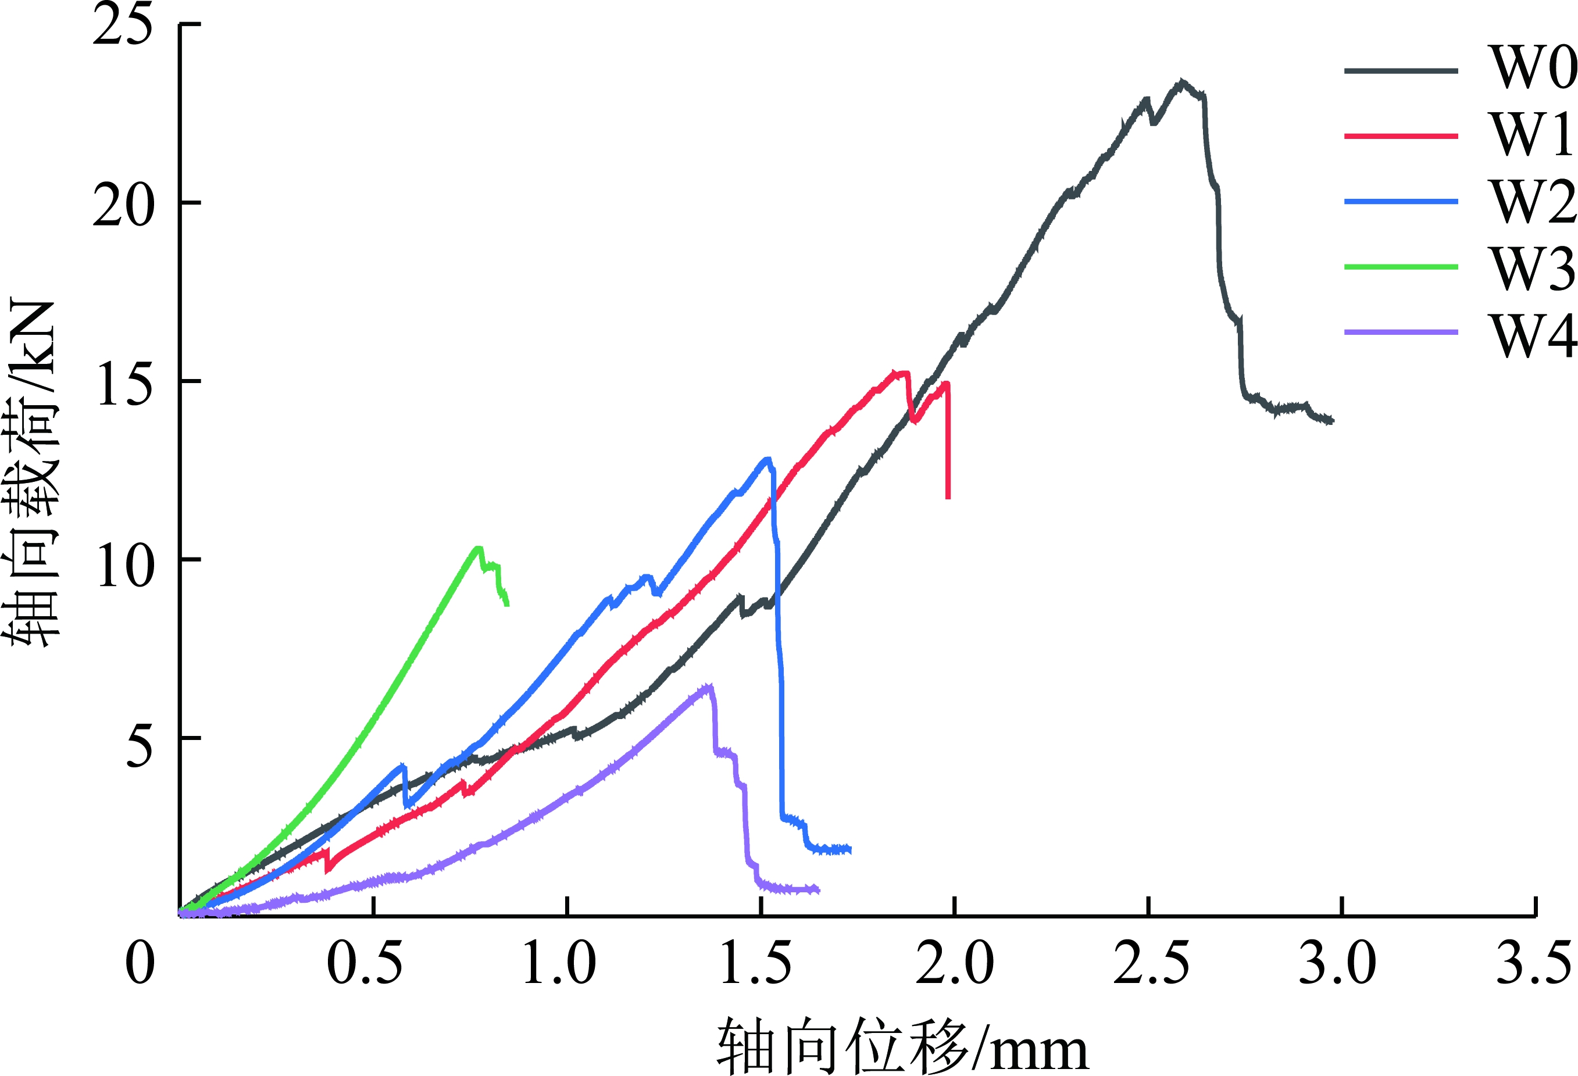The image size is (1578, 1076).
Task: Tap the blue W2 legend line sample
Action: (x=1401, y=202)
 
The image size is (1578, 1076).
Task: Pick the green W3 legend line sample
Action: (x=1401, y=267)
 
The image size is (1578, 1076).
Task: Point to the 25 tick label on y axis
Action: (x=122, y=26)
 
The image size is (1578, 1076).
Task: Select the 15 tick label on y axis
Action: (x=122, y=384)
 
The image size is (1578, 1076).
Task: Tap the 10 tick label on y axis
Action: (x=122, y=563)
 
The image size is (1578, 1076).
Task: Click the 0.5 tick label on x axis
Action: (x=365, y=963)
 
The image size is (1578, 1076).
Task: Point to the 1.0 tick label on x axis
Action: (x=559, y=963)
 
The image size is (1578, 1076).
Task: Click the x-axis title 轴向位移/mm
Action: (x=903, y=1045)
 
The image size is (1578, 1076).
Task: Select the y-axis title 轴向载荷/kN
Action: (x=31, y=473)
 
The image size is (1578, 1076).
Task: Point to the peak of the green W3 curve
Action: (x=477, y=547)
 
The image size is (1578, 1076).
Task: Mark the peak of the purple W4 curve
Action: (x=709, y=687)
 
